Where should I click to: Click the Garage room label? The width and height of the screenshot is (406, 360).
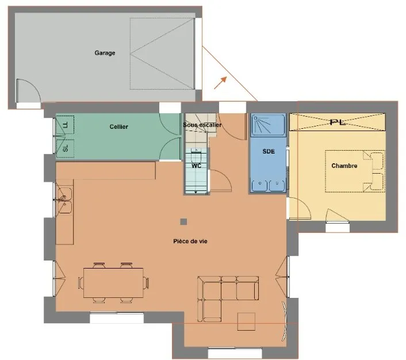(x=105, y=53)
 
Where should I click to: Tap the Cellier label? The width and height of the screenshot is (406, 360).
(x=119, y=127)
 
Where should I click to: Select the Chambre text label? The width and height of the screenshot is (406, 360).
(x=344, y=166)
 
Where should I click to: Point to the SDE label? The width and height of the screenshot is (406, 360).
(x=269, y=151)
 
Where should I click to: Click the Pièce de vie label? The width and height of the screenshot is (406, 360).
(x=190, y=242)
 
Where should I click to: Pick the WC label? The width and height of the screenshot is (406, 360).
(x=196, y=166)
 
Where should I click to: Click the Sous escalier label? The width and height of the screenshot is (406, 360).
(x=202, y=125)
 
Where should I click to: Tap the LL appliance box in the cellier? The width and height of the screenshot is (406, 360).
(x=65, y=125)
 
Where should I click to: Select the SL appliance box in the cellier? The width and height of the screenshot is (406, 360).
(x=65, y=148)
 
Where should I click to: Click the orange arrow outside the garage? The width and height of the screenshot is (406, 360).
(x=220, y=83)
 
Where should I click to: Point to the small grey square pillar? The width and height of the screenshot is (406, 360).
(x=183, y=222)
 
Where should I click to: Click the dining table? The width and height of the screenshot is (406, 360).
(x=113, y=283)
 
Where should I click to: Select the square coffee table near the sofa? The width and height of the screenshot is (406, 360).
(x=246, y=321)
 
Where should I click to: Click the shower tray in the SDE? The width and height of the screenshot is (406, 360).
(x=269, y=125)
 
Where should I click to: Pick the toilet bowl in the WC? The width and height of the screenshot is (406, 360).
(x=196, y=156)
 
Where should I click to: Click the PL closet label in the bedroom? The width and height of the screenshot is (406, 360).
(x=338, y=122)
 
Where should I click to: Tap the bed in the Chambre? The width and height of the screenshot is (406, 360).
(x=355, y=171)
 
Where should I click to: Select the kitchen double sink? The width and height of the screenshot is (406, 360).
(x=64, y=201)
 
